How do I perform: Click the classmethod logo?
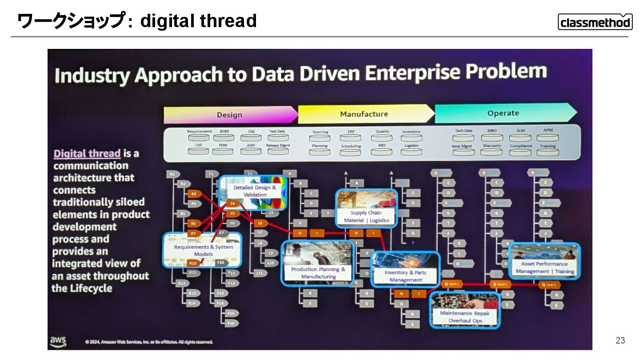(595, 22)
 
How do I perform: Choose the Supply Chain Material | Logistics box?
(367, 208)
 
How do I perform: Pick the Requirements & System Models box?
(203, 250)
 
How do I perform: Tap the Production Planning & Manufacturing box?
(317, 263)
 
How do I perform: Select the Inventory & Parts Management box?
(405, 269)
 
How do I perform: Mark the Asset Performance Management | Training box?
(544, 261)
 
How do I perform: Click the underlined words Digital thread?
(87, 154)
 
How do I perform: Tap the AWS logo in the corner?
(58, 341)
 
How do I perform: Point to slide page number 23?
(620, 340)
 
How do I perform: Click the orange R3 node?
(194, 194)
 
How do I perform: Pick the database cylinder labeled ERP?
(351, 138)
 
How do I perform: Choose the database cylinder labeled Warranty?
(492, 152)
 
